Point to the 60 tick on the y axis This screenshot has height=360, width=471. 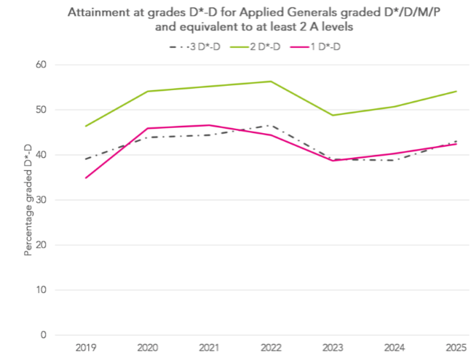[x=41, y=65]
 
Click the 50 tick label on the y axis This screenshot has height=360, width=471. [x=41, y=110]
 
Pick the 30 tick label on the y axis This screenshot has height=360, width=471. [x=41, y=200]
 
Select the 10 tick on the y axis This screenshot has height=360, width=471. [x=41, y=290]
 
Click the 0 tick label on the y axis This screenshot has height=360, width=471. [x=44, y=335]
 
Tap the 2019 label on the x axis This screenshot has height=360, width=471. [x=86, y=348]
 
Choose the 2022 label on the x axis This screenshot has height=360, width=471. [x=271, y=348]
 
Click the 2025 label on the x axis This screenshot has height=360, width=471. [x=456, y=348]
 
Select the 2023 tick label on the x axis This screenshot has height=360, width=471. [x=333, y=348]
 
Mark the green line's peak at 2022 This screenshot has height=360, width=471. [x=271, y=81]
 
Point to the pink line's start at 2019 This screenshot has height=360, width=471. [x=86, y=178]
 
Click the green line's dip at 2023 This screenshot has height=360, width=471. [x=333, y=116]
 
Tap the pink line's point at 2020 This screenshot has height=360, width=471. [x=148, y=129]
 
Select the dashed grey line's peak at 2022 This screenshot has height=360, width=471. [x=271, y=126]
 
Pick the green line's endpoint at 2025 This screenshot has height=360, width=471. [x=456, y=92]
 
